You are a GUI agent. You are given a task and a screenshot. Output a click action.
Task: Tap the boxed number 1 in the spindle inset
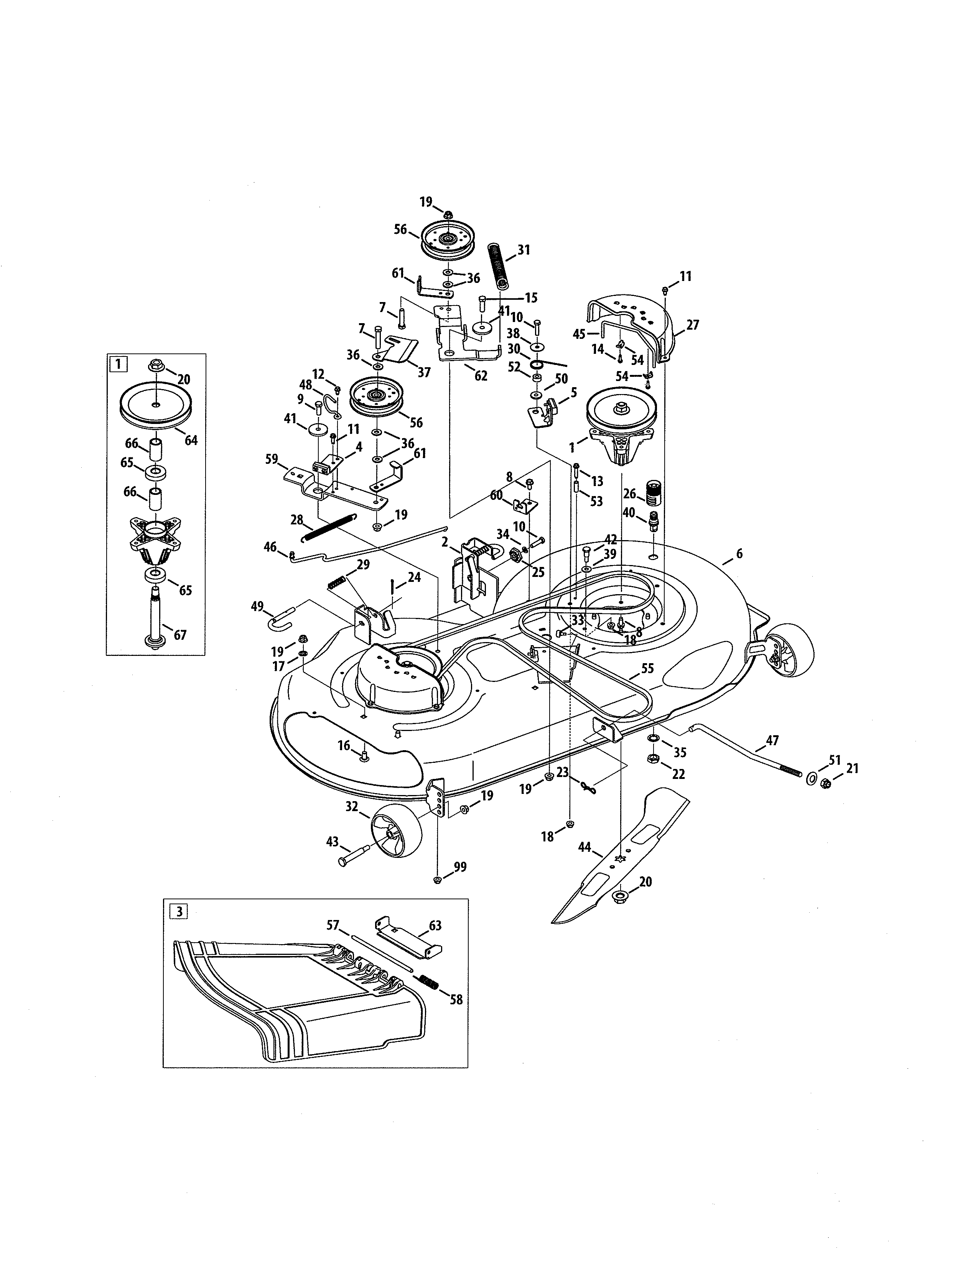pyautogui.click(x=118, y=364)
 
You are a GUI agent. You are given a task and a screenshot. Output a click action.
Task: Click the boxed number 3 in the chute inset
pyautogui.click(x=178, y=912)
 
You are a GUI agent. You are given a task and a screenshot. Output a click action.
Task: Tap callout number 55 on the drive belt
pyautogui.click(x=647, y=669)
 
